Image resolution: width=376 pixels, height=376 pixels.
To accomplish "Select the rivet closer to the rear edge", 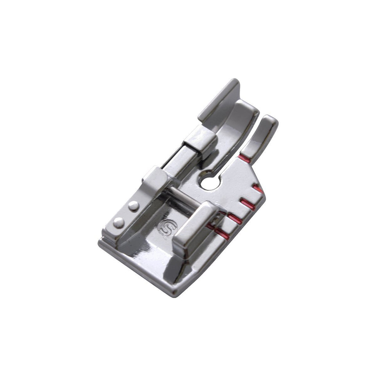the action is pyautogui.click(x=119, y=222).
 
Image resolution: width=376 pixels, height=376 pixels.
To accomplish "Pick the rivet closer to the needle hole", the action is pyautogui.click(x=134, y=206).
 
